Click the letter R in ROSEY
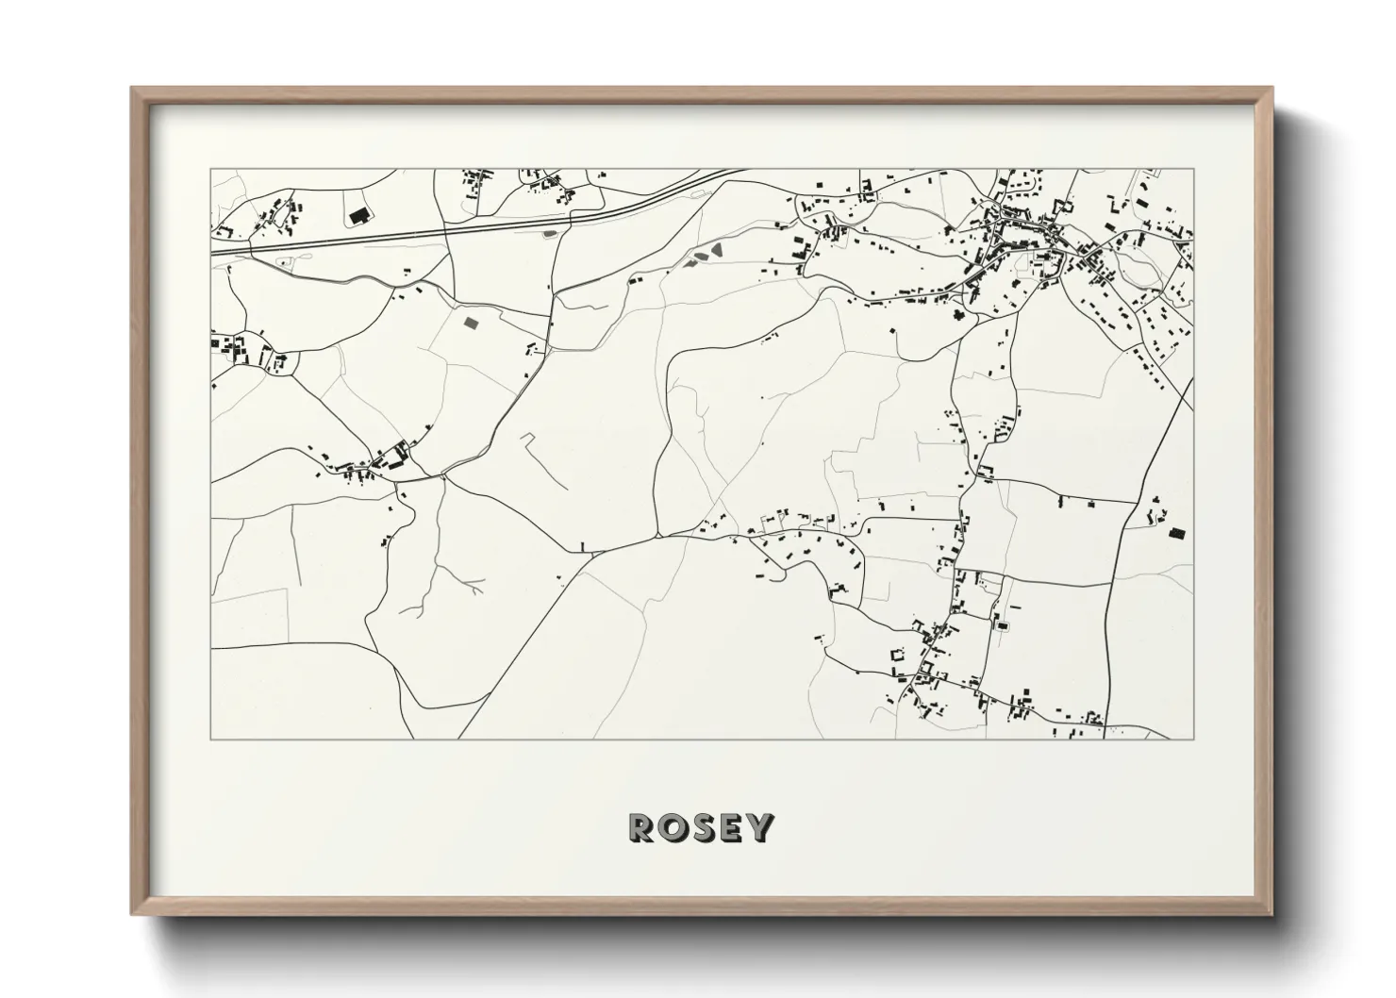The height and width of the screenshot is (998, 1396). coord(643,827)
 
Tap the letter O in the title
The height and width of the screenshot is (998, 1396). coord(673,827)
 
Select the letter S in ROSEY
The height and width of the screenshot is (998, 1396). coord(703,827)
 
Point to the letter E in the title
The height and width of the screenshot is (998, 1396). coord(731,827)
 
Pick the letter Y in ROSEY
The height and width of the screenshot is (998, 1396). coord(759,827)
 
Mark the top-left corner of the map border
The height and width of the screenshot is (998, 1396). coord(210,170)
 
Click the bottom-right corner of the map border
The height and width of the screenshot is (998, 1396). coord(1194,739)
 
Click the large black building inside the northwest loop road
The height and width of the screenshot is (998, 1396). coord(358,217)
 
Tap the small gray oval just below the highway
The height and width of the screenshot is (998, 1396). coord(551,230)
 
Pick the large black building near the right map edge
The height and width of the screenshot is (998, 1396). coord(1175,533)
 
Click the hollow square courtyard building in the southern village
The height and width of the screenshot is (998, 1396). coord(898,653)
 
